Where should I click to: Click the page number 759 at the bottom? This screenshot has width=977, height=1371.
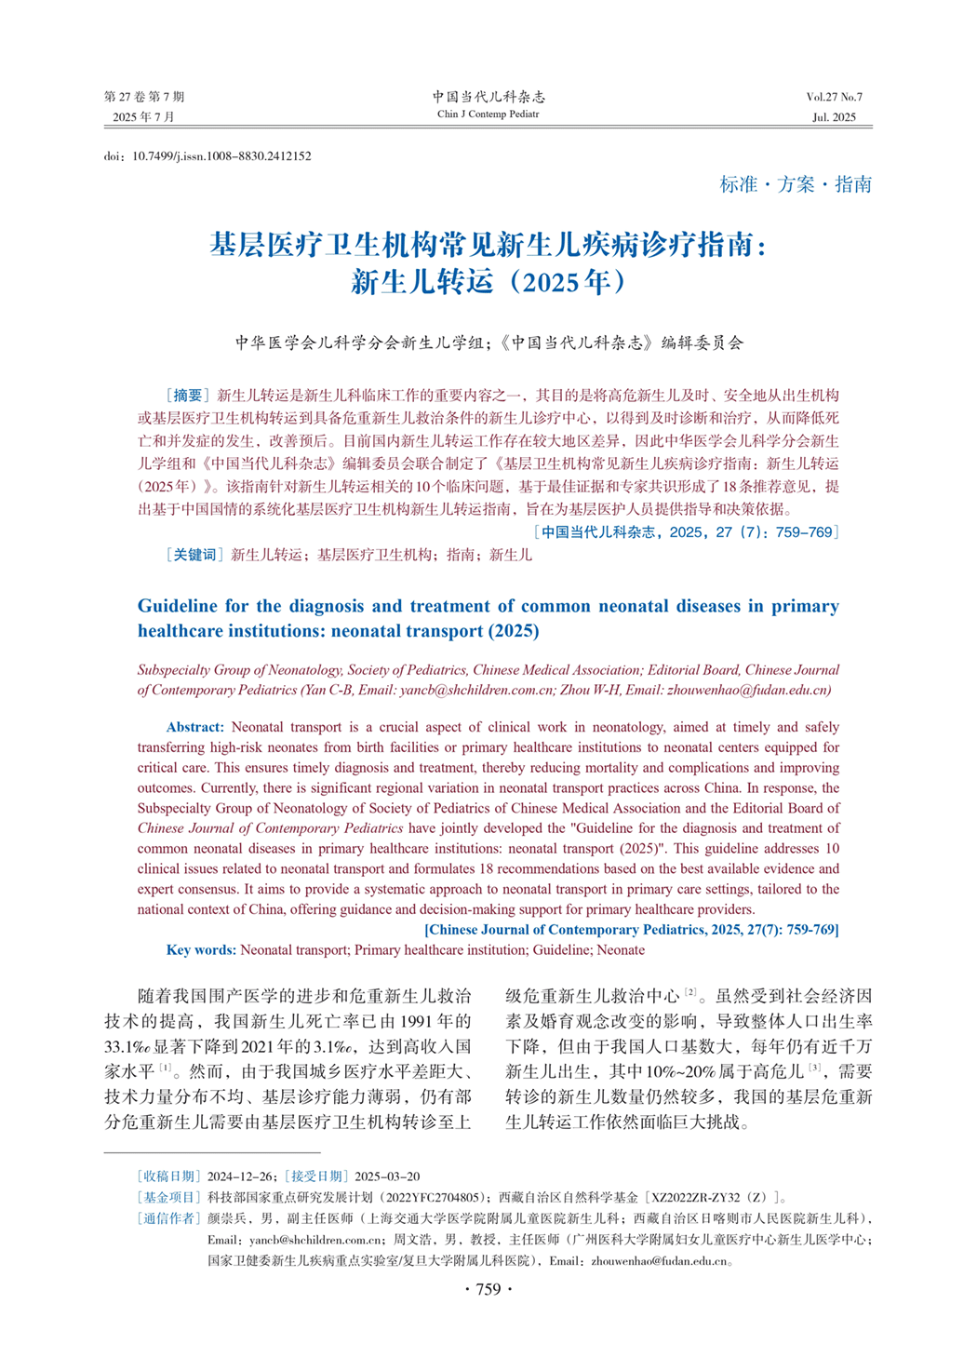pyautogui.click(x=488, y=1289)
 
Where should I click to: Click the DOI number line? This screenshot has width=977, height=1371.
pyautogui.click(x=207, y=156)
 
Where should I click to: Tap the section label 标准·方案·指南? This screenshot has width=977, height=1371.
pyautogui.click(x=796, y=184)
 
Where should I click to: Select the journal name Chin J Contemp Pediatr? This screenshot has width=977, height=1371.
pyautogui.click(x=488, y=114)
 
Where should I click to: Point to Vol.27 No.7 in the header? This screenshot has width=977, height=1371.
pyautogui.click(x=834, y=97)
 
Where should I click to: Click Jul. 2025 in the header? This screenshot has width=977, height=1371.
pyautogui.click(x=834, y=117)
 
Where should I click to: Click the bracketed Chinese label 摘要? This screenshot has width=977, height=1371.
pyautogui.click(x=187, y=396)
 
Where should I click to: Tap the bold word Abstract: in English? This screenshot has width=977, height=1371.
pyautogui.click(x=195, y=727)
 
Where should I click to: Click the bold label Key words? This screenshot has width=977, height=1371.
pyautogui.click(x=201, y=950)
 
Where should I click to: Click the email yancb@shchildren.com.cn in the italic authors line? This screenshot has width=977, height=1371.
pyautogui.click(x=475, y=691)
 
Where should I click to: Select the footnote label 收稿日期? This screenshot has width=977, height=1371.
pyautogui.click(x=168, y=1176)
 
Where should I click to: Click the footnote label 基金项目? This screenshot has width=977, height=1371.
pyautogui.click(x=168, y=1198)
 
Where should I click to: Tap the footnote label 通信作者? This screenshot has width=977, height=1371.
pyautogui.click(x=168, y=1218)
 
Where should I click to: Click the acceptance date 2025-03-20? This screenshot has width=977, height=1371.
pyautogui.click(x=387, y=1176)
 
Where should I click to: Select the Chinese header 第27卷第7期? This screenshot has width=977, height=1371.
pyautogui.click(x=144, y=97)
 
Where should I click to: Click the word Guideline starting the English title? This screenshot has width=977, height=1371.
pyautogui.click(x=177, y=607)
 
